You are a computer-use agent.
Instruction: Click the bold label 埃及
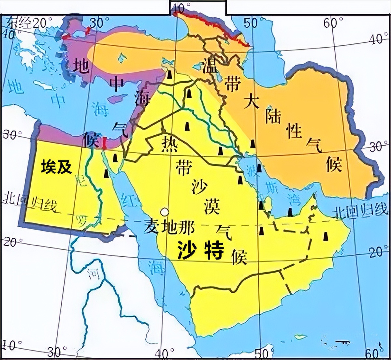pos(56,168)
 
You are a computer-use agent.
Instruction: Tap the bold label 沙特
pos(200,250)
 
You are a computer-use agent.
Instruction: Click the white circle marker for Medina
pos(165,212)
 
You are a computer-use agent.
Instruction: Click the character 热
pos(169,144)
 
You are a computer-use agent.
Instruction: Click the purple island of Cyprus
pos(116,98)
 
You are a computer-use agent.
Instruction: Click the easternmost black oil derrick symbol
pos(325,236)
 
